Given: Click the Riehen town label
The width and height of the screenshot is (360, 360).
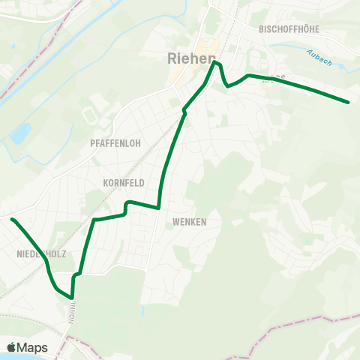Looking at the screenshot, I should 190,58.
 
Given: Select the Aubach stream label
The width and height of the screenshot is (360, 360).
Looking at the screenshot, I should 319,57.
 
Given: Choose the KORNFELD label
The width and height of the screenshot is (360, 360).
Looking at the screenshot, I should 124,182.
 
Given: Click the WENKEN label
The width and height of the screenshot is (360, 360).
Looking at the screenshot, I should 189,222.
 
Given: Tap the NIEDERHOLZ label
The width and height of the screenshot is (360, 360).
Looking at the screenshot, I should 41,254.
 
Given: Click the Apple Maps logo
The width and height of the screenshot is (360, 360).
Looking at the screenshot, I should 27,347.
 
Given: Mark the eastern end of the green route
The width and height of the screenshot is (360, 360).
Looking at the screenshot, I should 349,101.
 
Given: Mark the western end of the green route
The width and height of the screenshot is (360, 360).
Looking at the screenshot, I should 12,219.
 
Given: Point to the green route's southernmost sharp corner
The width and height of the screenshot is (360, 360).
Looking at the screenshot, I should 72,297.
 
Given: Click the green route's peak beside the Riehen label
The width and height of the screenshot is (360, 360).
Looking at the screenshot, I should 216,63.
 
